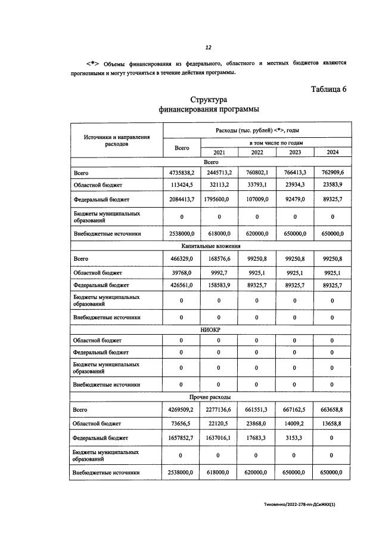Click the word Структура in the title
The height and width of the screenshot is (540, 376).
[x=209, y=100]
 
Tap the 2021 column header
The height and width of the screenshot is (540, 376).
[x=219, y=152]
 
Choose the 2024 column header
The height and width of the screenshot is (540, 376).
[x=333, y=152]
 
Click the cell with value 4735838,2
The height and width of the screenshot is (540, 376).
[x=181, y=172]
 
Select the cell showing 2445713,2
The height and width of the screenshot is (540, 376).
[x=219, y=172]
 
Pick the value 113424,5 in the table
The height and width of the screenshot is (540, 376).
[x=181, y=185]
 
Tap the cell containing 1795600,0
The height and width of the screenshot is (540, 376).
[x=219, y=199]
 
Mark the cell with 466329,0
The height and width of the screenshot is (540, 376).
[x=181, y=258]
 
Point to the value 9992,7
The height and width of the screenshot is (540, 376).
[x=219, y=272]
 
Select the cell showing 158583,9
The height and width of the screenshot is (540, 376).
[x=219, y=285]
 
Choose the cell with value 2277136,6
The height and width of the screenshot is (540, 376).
[x=219, y=410]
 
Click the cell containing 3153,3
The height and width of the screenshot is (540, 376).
[x=295, y=437]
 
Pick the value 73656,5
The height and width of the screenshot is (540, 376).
[x=181, y=424]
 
